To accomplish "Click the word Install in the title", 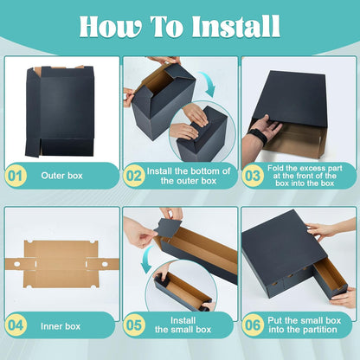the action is pos(236,26).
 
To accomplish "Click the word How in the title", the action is pos(111,26).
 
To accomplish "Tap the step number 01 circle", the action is pos(16,176).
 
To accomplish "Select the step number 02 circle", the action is pos(134,176).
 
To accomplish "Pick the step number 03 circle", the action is pos(253,176).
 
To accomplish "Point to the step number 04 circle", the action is pos(16,325).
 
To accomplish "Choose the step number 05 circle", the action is pos(134,325).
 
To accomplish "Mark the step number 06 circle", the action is pos(253,325).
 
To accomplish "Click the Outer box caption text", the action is pos(61,176).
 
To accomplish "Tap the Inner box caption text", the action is pos(61,326).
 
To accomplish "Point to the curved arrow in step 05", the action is pos(148,259).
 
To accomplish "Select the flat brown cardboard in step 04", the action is pos(61,264).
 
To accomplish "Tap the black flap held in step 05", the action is pos(167,228).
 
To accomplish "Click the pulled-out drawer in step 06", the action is pos(330,278).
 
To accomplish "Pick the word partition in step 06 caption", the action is pos(318,330).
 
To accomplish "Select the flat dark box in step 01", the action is pos(60,111).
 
